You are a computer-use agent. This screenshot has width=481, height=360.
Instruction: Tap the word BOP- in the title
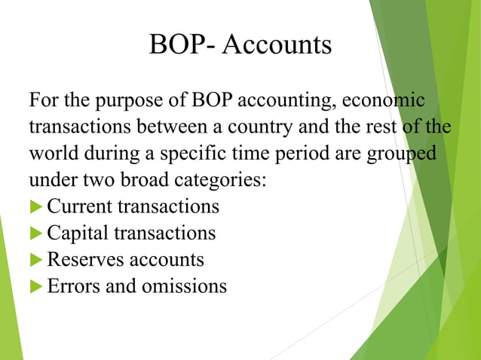tap(183, 45)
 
